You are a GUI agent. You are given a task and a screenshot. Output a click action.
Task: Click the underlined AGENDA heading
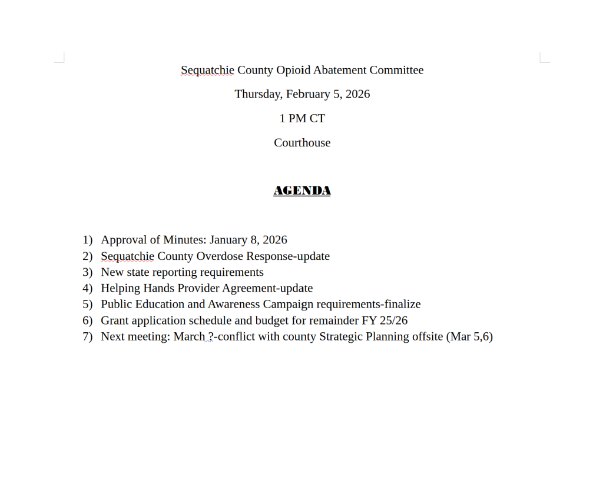click(x=301, y=191)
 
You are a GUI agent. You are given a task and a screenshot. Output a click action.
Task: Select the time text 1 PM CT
click(x=301, y=118)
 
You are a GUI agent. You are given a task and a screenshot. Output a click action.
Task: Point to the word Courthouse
click(x=301, y=142)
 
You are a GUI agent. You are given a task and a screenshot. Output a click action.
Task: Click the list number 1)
click(x=88, y=240)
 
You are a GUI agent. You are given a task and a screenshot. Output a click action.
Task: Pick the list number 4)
click(x=88, y=288)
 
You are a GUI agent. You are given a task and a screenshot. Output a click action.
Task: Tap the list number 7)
click(x=88, y=336)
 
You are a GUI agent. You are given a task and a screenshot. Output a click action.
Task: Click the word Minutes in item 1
click(x=183, y=240)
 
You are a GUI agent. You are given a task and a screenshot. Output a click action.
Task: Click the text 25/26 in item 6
click(x=393, y=320)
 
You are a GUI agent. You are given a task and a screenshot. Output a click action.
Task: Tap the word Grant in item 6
click(x=115, y=320)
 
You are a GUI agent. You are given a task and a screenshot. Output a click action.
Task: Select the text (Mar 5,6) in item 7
click(x=469, y=336)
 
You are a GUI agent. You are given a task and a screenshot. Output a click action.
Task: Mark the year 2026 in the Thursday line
click(x=357, y=94)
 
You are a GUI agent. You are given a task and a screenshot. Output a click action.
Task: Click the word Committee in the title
click(x=396, y=70)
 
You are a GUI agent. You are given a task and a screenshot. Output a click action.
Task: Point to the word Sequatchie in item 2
click(x=127, y=256)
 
